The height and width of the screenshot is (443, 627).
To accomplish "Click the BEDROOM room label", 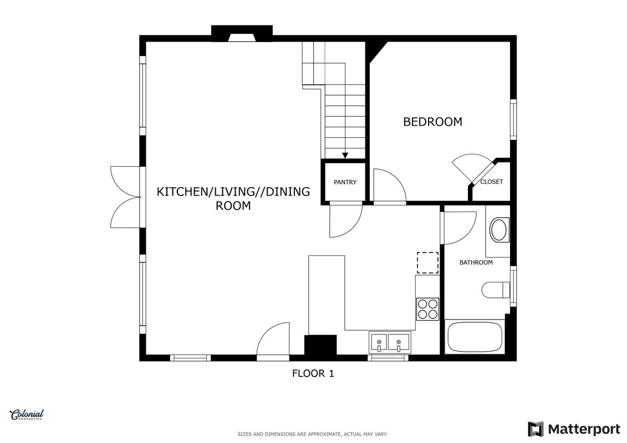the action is pos(432,121).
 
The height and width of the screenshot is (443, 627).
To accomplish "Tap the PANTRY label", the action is pos(345,182).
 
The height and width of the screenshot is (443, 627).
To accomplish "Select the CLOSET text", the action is pos(491,182).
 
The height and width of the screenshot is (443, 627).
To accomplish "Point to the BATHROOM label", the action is pos(476,262).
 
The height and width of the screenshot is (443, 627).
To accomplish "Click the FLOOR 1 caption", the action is pos(313,373).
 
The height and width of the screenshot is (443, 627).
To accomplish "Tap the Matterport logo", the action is pos(574,429).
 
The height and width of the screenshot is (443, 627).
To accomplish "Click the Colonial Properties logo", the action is pos(27,415).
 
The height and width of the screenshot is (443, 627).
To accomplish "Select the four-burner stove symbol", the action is pos(428,309).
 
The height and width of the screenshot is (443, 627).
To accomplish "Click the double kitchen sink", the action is pos(390,343).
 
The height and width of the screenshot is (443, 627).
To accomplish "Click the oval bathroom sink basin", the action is pos(499,230).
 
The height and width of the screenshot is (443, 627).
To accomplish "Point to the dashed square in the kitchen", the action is pos(428,262).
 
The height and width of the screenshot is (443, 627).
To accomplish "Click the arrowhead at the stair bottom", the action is pos(345,156).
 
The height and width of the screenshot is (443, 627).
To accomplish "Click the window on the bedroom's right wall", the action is pos(513,120).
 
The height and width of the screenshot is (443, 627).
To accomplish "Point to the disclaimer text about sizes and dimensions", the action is pos(312,434).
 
